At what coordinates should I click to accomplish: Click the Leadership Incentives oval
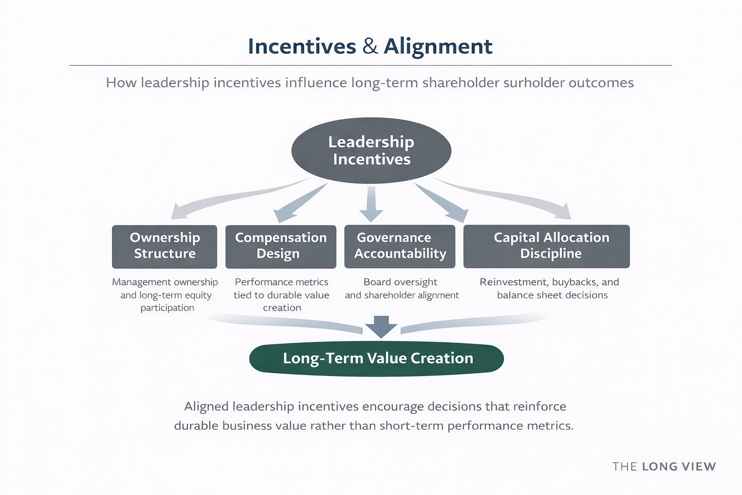[371, 150]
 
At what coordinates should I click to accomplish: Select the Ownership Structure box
[164, 246]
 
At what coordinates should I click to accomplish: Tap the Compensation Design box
[281, 246]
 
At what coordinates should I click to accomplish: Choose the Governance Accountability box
[400, 246]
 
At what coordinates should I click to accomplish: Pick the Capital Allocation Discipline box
[546, 246]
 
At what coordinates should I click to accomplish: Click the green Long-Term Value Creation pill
[376, 358]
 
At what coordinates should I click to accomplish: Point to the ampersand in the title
[370, 46]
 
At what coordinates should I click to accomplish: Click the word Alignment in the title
[438, 46]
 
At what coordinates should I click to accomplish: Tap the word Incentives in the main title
[302, 46]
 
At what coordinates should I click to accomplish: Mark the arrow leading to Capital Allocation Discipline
[512, 196]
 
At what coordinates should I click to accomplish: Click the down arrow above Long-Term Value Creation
[381, 326]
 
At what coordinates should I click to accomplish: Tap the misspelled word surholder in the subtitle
[533, 83]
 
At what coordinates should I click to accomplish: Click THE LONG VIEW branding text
[664, 466]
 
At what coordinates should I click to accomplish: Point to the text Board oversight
[400, 282]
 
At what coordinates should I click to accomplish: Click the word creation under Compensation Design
[282, 308]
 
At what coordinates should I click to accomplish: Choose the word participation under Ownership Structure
[167, 308]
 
